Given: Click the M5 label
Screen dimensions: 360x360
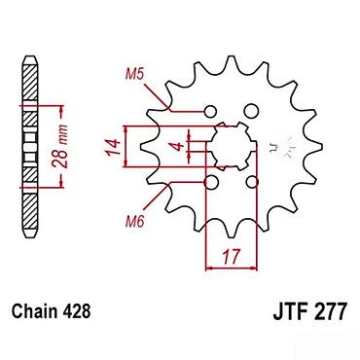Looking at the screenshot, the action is pyautogui.click(x=134, y=75).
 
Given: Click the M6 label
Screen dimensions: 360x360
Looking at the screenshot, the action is pyautogui.click(x=134, y=222).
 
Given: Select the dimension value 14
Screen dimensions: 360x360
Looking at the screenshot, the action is pyautogui.click(x=113, y=147).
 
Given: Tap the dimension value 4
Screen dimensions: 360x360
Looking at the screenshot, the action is pyautogui.click(x=178, y=147).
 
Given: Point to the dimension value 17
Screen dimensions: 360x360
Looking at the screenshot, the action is pyautogui.click(x=232, y=257).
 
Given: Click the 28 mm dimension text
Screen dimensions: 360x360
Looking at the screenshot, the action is pyautogui.click(x=61, y=146).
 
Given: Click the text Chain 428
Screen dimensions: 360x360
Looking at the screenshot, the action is pyautogui.click(x=51, y=311).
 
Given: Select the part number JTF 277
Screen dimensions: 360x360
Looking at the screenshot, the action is pyautogui.click(x=310, y=311).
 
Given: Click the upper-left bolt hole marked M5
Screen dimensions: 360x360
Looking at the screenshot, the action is pyautogui.click(x=210, y=112).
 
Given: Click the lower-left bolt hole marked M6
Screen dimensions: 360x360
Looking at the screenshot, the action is pyautogui.click(x=211, y=183).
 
